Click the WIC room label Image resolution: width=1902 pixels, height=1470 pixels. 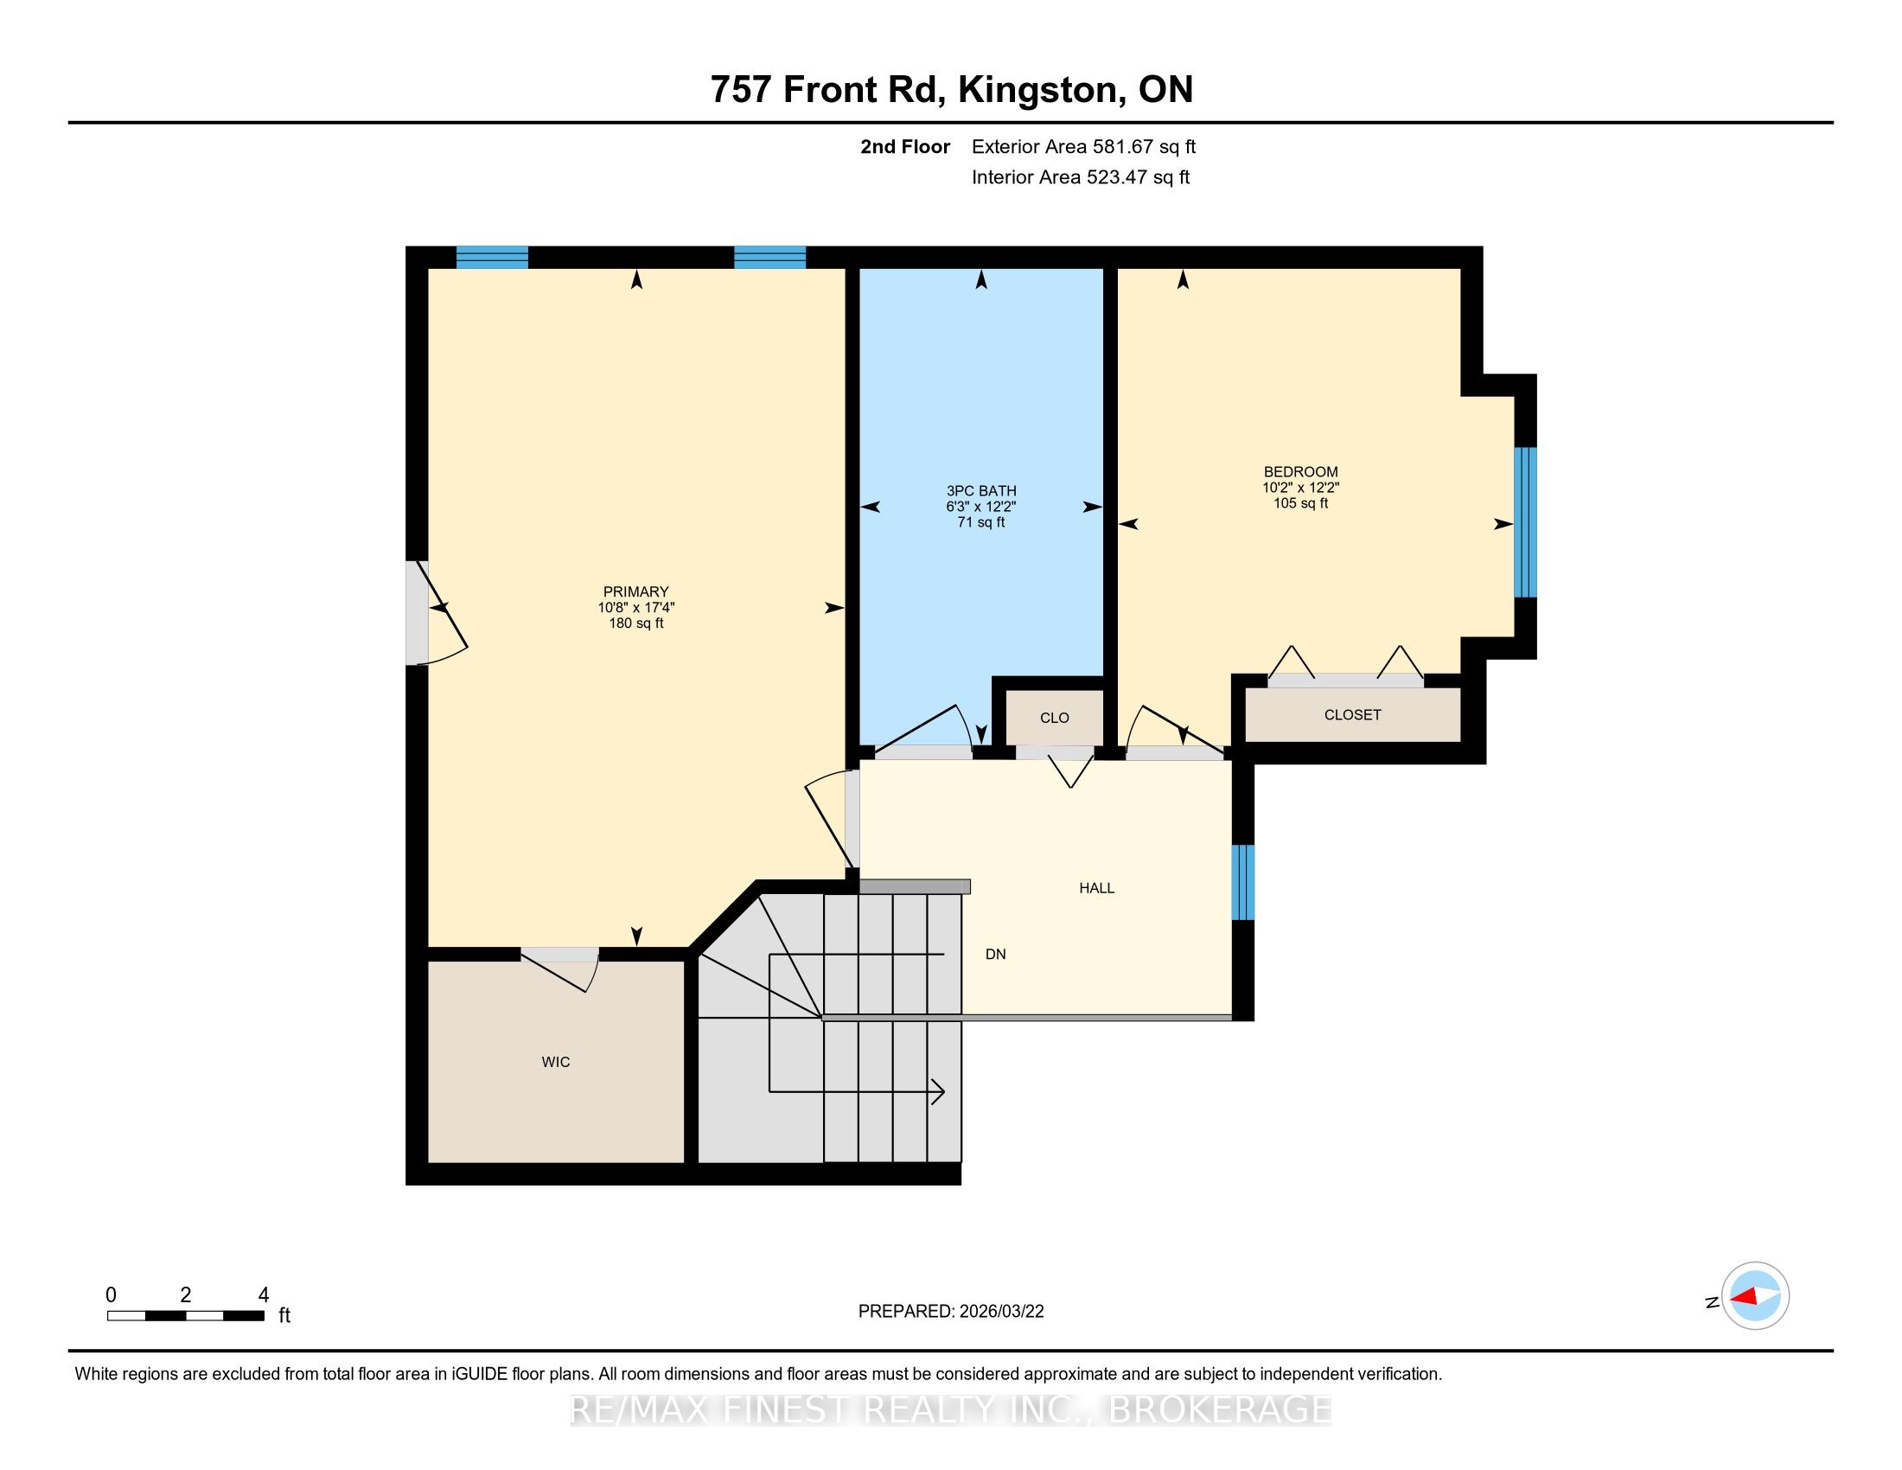pyautogui.click(x=556, y=1062)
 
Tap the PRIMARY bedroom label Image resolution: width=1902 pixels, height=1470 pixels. pyautogui.click(x=635, y=591)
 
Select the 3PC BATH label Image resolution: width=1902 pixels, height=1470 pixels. pyautogui.click(x=981, y=490)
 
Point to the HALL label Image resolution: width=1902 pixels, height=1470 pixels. pyautogui.click(x=1096, y=887)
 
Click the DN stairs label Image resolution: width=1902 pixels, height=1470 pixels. pyautogui.click(x=995, y=954)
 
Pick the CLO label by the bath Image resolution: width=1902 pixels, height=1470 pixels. pyautogui.click(x=1055, y=718)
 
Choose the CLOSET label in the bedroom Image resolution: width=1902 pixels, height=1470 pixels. pyautogui.click(x=1352, y=714)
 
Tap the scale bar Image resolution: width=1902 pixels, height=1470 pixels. pyautogui.click(x=186, y=1316)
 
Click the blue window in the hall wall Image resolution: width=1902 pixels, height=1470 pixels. pyautogui.click(x=1242, y=882)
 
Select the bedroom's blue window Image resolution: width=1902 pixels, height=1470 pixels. pyautogui.click(x=1525, y=521)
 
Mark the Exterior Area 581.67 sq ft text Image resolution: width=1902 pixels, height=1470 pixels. pyautogui.click(x=1083, y=146)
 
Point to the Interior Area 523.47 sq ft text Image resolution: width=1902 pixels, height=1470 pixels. pyautogui.click(x=1080, y=176)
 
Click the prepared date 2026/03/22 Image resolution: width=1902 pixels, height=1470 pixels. pyautogui.click(x=1000, y=1311)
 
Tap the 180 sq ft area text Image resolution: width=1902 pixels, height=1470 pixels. pyautogui.click(x=635, y=623)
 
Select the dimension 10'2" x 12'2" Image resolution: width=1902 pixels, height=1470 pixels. pyautogui.click(x=1300, y=488)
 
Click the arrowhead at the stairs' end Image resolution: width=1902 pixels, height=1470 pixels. pyautogui.click(x=940, y=1091)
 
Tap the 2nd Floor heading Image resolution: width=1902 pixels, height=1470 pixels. pyautogui.click(x=905, y=146)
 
